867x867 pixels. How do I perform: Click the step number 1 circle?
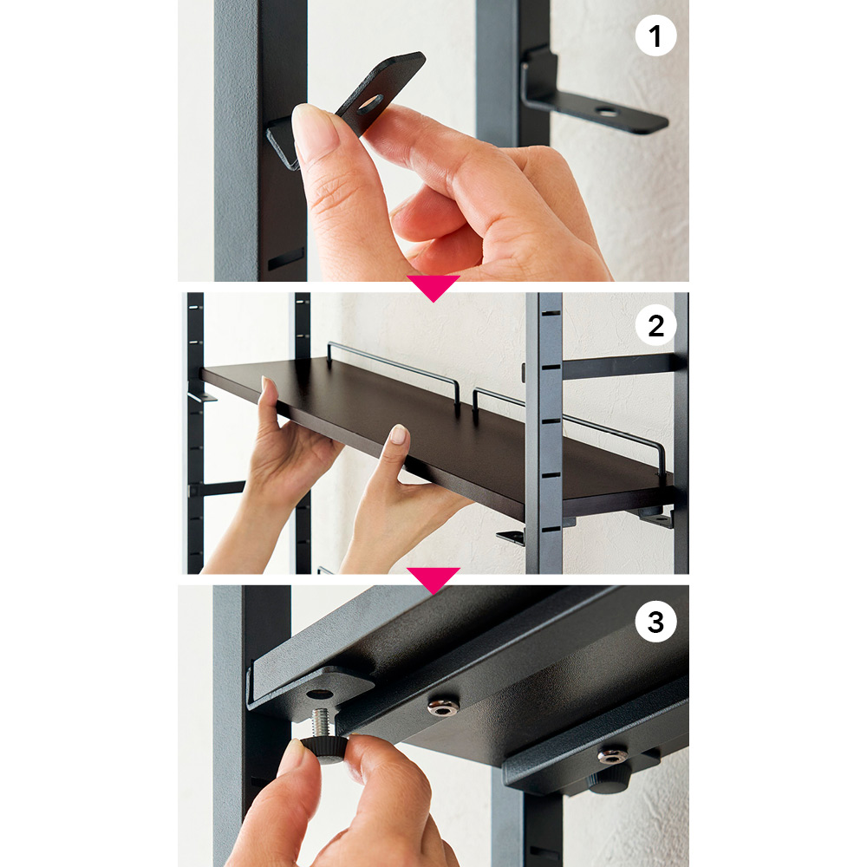(655, 36)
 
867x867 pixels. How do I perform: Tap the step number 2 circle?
(655, 325)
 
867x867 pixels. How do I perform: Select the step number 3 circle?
(655, 622)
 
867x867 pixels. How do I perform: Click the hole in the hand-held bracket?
(369, 103)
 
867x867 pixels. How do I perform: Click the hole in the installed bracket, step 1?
(607, 112)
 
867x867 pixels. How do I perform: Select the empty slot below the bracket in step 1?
(286, 258)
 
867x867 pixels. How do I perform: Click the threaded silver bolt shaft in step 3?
(322, 722)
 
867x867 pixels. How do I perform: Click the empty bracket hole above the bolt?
(319, 694)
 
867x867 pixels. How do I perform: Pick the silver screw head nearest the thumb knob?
(443, 706)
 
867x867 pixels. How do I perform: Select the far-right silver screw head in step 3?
(612, 755)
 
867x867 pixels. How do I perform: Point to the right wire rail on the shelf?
(570, 429)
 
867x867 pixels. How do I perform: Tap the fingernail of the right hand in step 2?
(399, 434)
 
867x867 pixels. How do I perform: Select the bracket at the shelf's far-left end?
(200, 394)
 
